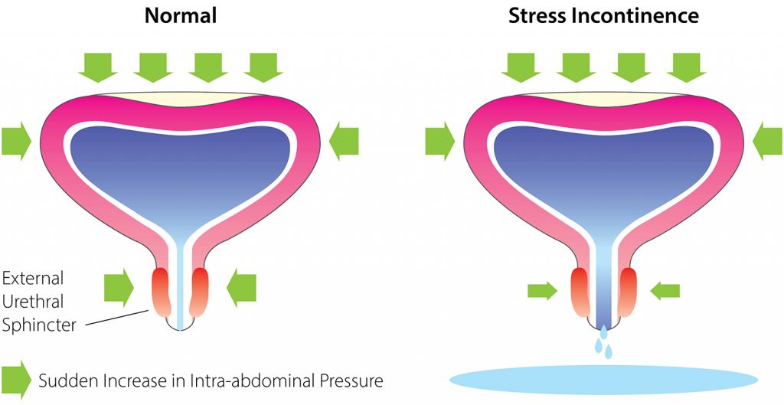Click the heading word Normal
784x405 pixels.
pos(181,16)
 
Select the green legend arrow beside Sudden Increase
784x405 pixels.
pos(16,380)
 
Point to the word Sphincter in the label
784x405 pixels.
pos(40,325)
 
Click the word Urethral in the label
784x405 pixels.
pos(33,302)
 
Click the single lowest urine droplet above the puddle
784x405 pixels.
pos(608,352)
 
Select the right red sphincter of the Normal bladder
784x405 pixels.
pos(199,292)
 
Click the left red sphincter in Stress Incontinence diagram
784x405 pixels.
pos(582,292)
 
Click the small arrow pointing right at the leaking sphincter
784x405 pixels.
pos(543,290)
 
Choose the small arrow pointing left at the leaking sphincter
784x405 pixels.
pos(665,290)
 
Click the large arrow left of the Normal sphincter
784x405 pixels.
pos(119,288)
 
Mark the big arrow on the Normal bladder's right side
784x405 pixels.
pos(344,141)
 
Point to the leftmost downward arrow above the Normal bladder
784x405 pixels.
pos(98,67)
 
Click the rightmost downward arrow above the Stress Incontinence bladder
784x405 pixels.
pos(686,67)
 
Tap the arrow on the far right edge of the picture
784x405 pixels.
pos(767,141)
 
